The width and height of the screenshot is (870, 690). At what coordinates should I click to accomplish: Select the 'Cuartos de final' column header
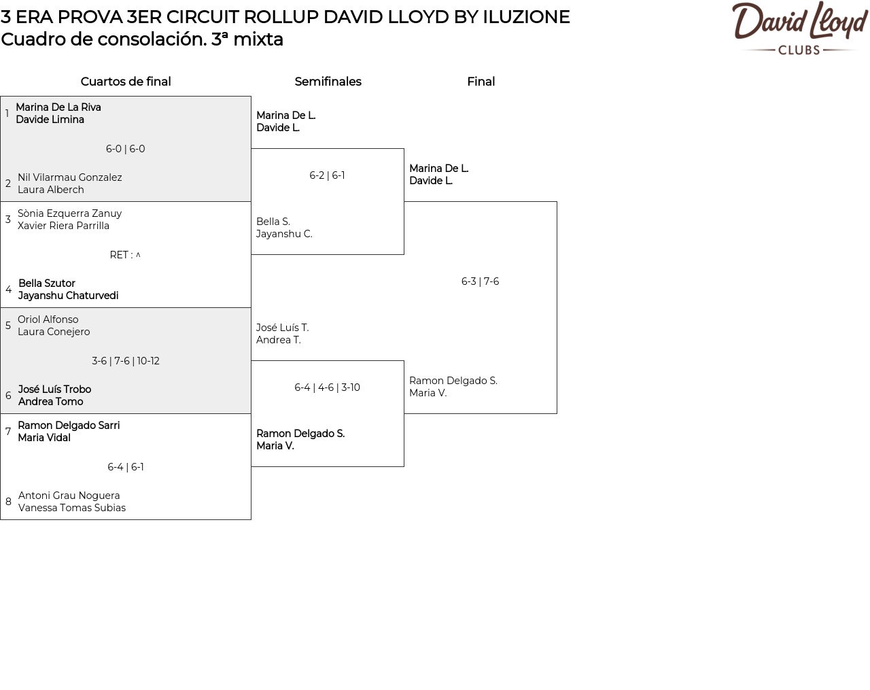tap(126, 82)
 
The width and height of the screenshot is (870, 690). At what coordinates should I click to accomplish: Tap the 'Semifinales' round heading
tap(328, 82)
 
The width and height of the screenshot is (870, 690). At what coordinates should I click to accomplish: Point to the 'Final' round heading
tap(481, 82)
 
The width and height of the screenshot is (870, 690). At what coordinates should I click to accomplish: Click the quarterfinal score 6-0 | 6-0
tap(125, 149)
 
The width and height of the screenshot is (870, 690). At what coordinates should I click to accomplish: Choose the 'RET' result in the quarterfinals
tap(125, 255)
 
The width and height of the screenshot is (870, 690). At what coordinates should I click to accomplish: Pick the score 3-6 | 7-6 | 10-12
tap(125, 361)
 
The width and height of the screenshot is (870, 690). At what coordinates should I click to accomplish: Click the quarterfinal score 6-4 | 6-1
tap(125, 467)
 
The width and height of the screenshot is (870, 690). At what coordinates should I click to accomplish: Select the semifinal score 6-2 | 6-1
tap(327, 175)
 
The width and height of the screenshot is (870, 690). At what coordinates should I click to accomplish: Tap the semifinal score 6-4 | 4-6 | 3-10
tap(327, 387)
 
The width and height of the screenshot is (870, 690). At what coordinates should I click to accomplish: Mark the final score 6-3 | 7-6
tap(480, 281)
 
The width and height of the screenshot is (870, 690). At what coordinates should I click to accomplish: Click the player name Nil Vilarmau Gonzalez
tap(69, 177)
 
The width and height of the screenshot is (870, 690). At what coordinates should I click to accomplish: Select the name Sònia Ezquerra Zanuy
tap(69, 213)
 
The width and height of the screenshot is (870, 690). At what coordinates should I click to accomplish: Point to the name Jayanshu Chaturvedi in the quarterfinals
tap(69, 296)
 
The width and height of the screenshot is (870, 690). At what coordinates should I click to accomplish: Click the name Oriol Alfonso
tap(48, 319)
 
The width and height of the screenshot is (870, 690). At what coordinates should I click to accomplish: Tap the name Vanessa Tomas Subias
tap(72, 508)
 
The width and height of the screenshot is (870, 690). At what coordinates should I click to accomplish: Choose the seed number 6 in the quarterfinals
tap(8, 395)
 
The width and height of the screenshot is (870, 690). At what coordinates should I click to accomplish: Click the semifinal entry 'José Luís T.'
tap(282, 327)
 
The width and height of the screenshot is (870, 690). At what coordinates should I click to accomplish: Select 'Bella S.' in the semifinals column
tap(273, 221)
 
